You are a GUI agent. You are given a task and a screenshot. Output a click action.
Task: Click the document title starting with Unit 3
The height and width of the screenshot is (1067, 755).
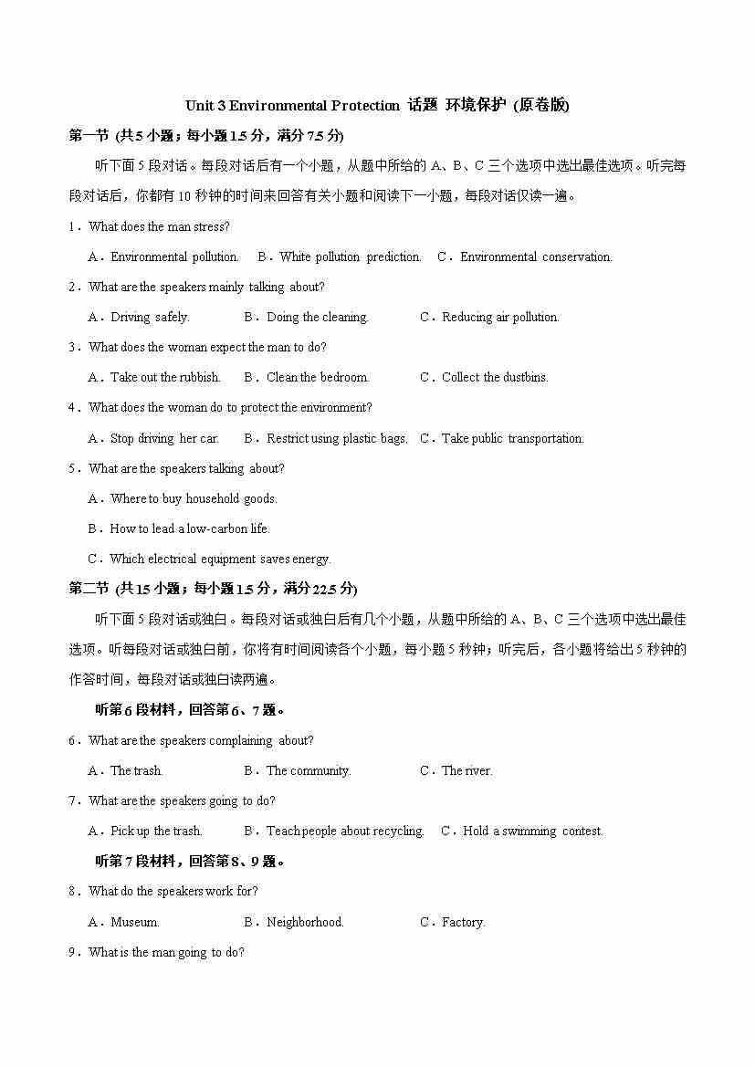pyautogui.click(x=377, y=105)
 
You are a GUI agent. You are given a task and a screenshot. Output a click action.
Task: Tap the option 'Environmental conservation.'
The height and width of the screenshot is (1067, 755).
pyautogui.click(x=535, y=256)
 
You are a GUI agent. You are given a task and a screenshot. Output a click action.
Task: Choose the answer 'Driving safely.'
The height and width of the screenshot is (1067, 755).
pyautogui.click(x=149, y=317)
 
